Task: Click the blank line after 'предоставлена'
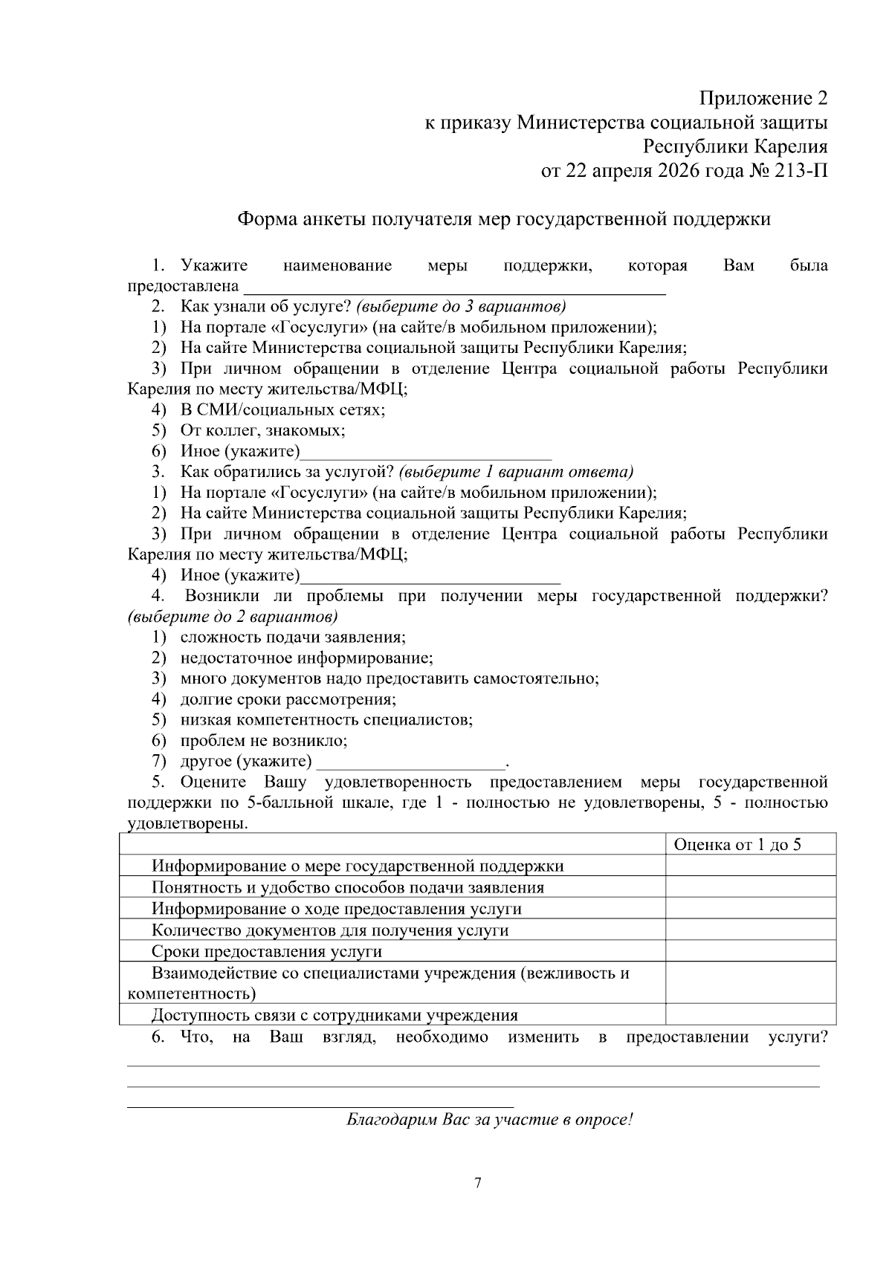coord(454,287)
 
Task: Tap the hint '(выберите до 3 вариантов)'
coord(461,307)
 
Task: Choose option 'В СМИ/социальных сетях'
coord(282,409)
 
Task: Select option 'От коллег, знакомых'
coord(262,430)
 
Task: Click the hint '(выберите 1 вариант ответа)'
coord(516,472)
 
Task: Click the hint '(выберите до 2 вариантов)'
coord(233,617)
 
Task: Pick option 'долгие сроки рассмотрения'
coord(288,699)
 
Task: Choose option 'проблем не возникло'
coord(263,740)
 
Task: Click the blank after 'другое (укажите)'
coord(411,762)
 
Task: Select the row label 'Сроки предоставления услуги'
coord(266,952)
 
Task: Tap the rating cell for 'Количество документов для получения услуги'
coord(750,930)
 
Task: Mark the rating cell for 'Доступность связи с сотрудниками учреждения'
coord(750,1015)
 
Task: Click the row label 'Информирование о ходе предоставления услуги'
coord(336,909)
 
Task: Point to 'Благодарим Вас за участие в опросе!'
coord(490,1120)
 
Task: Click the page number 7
coord(478,1183)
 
